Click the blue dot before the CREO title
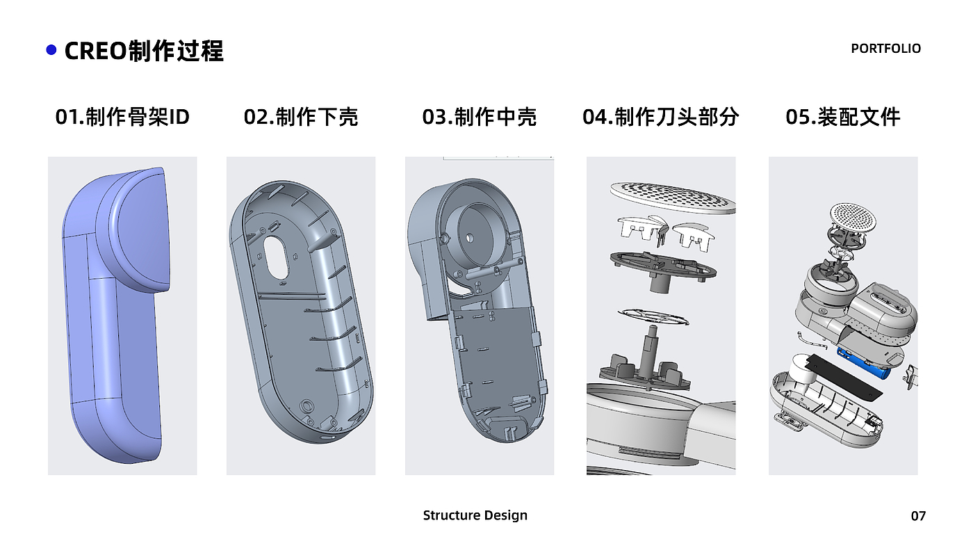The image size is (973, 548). (x=51, y=50)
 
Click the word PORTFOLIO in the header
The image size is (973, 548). (x=885, y=49)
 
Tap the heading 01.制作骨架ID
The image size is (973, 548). (x=122, y=117)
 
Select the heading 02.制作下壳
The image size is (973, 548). (x=300, y=117)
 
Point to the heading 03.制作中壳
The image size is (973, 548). (x=479, y=117)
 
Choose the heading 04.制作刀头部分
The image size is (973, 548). (x=660, y=117)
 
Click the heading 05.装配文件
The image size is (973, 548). (x=842, y=117)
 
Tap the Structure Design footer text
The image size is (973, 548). (x=475, y=515)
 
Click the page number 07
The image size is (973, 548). (x=918, y=516)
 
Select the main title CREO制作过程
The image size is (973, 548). (x=144, y=51)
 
